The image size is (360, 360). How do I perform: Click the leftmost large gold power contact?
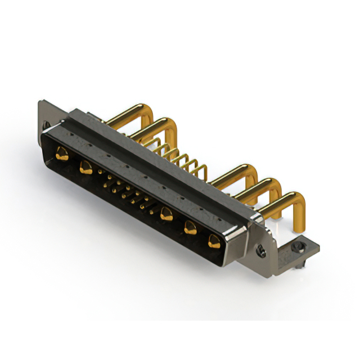[x=62, y=153]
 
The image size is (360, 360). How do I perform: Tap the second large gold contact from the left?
[x=86, y=166]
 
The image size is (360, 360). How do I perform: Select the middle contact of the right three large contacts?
[x=191, y=227]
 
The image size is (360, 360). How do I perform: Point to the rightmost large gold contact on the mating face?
[x=214, y=242]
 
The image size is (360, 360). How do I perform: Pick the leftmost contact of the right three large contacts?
[x=166, y=213]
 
